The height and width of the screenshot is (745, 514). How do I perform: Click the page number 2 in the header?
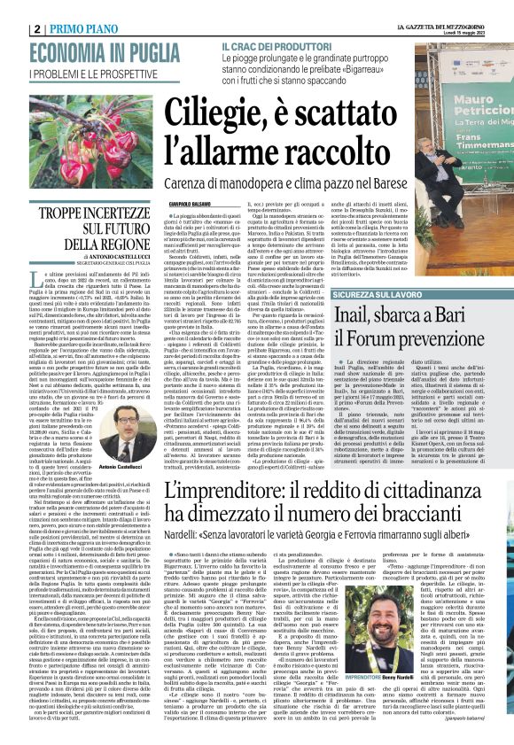pos(11,9)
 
